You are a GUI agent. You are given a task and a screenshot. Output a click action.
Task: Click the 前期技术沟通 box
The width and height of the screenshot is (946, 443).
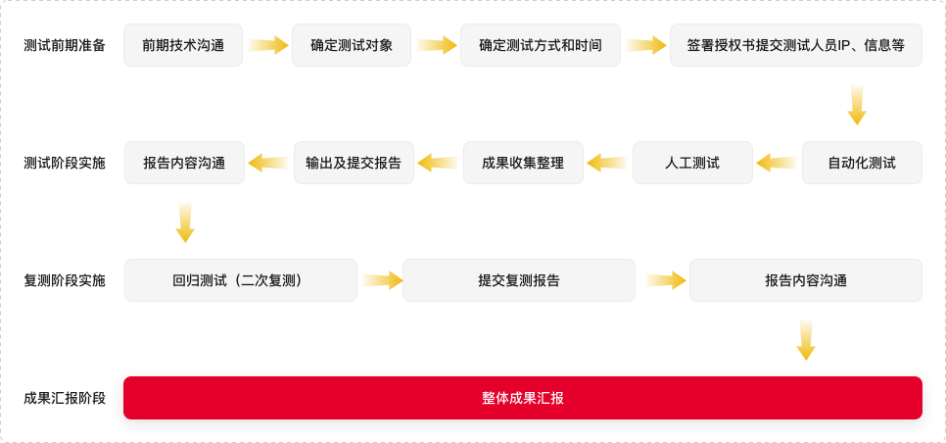pos(183,45)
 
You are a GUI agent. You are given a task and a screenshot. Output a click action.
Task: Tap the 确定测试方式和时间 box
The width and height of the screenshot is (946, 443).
pos(540,45)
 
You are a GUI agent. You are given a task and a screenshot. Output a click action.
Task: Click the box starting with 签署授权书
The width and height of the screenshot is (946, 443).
pos(795,45)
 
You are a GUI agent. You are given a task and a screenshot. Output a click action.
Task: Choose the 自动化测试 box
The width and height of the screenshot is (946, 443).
pos(862,163)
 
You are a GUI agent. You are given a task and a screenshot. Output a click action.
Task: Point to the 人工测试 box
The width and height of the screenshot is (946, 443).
pos(692,163)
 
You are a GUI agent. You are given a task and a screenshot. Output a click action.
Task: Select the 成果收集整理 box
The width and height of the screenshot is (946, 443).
pos(523,163)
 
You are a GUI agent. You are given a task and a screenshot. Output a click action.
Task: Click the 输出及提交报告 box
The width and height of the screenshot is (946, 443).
pos(354,163)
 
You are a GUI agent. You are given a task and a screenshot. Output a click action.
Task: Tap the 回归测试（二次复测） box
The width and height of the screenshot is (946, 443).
pos(241,280)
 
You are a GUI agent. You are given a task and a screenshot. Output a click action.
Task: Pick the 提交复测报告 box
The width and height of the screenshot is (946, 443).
pos(519,280)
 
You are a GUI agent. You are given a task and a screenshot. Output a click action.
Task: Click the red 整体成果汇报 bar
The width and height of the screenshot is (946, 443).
pos(523,398)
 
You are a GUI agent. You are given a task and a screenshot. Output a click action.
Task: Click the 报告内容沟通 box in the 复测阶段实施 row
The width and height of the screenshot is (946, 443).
pos(806,280)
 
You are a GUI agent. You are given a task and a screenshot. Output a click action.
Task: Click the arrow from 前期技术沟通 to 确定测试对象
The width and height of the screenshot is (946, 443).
pos(267,45)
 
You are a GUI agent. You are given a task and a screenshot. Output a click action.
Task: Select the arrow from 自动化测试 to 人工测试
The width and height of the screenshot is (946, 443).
pos(778,163)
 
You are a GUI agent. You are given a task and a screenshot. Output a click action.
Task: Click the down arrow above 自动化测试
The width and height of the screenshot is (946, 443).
pos(857,104)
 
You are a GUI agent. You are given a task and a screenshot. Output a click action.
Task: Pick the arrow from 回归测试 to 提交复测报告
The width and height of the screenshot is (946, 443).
pos(381,280)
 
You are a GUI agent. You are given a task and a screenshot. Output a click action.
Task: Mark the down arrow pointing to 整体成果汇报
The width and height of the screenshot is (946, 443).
pos(806,338)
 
